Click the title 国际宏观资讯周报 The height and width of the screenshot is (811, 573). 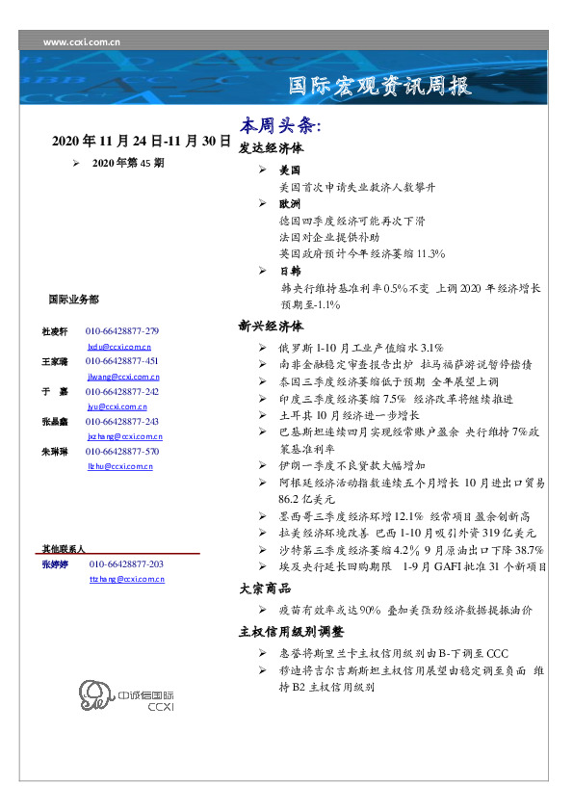[x=381, y=87]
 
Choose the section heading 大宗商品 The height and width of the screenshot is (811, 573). [x=265, y=588]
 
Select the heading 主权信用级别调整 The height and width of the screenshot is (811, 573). [x=291, y=632]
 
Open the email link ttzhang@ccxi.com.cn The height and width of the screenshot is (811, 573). [x=126, y=580]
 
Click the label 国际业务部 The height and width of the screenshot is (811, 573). [x=72, y=300]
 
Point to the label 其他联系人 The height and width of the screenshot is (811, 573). [x=63, y=548]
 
